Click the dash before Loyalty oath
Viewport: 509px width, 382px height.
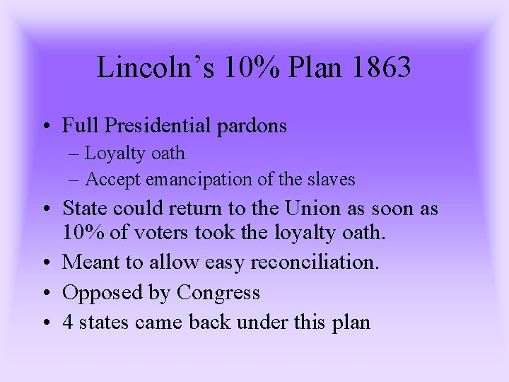click(x=75, y=154)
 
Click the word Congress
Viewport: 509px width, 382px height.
click(x=218, y=293)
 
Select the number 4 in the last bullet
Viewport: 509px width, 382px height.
click(x=68, y=322)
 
